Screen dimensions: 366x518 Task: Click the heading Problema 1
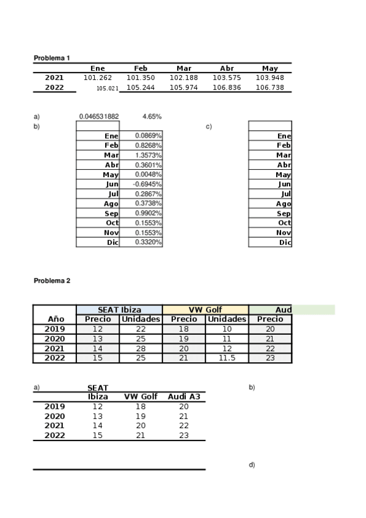(52, 57)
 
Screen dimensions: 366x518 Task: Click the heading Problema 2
(52, 280)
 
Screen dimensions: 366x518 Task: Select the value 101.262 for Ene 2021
(98, 78)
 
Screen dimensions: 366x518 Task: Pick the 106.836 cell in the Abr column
(227, 87)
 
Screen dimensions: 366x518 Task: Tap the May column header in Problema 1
(269, 68)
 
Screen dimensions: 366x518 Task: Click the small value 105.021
(107, 88)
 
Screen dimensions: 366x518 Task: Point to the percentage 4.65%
(152, 116)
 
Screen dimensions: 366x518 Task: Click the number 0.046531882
(99, 116)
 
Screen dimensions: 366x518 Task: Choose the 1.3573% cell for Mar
(148, 155)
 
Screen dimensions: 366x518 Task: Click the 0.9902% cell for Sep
(148, 213)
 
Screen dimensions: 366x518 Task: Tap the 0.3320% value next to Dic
(148, 243)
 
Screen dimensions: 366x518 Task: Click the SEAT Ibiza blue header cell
(119, 310)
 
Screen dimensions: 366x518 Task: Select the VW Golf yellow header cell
(205, 310)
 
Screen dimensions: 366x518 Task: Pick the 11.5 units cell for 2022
(227, 358)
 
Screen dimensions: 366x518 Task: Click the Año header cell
(56, 319)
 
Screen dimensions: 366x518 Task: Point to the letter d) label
(252, 465)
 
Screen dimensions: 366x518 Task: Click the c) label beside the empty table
(209, 126)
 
